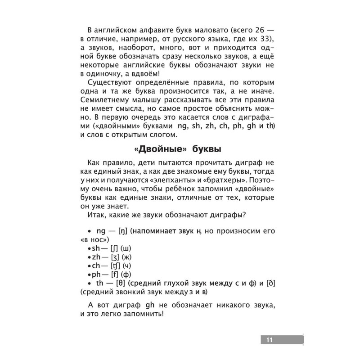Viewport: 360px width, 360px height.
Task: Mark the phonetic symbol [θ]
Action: (120, 283)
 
